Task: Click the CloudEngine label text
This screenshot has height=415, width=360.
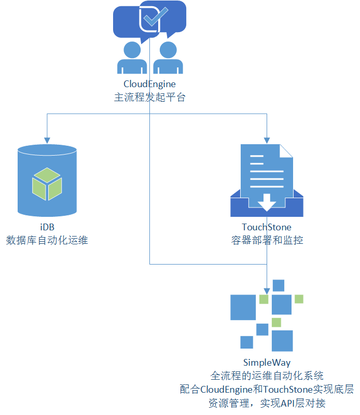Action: point(149,84)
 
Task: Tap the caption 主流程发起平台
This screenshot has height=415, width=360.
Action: point(149,97)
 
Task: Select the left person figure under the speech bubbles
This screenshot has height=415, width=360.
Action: point(132,59)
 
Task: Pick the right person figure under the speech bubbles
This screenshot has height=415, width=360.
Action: point(168,59)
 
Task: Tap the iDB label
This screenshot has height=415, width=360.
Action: point(47,227)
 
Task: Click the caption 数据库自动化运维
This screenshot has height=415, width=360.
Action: point(47,240)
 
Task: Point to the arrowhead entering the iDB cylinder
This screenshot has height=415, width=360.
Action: point(47,140)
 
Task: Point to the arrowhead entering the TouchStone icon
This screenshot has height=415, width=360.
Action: point(267,140)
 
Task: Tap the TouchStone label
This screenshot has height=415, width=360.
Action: point(267,227)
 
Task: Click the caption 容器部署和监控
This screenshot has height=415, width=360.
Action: point(267,240)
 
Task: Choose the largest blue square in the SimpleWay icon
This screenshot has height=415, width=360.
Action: point(243,307)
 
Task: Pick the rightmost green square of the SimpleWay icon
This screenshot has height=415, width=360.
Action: point(299,299)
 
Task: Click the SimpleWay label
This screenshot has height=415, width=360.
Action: point(267,362)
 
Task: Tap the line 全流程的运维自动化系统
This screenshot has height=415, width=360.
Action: point(267,375)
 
